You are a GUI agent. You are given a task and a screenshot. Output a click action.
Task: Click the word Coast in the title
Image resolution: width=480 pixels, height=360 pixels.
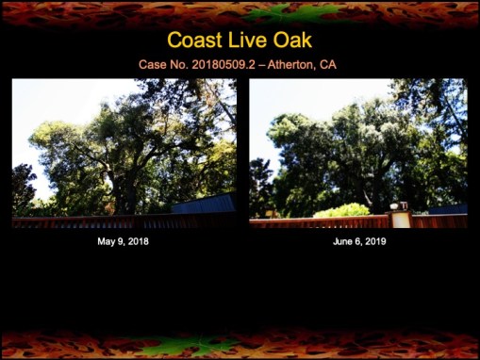point(195,41)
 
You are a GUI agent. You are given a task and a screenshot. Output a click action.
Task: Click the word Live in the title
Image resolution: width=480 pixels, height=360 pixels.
point(248,41)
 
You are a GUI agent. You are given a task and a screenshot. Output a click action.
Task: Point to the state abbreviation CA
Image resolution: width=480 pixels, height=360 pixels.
point(328,65)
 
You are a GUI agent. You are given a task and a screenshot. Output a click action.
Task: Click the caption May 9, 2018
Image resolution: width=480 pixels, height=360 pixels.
point(123,241)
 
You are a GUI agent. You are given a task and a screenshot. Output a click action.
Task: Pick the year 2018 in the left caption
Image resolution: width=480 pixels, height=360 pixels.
point(137,241)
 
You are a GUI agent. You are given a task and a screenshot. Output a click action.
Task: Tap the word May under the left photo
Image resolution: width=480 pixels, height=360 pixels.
point(105,241)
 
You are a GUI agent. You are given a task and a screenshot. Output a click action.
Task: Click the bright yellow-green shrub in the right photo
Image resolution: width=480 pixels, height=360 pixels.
point(341,209)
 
